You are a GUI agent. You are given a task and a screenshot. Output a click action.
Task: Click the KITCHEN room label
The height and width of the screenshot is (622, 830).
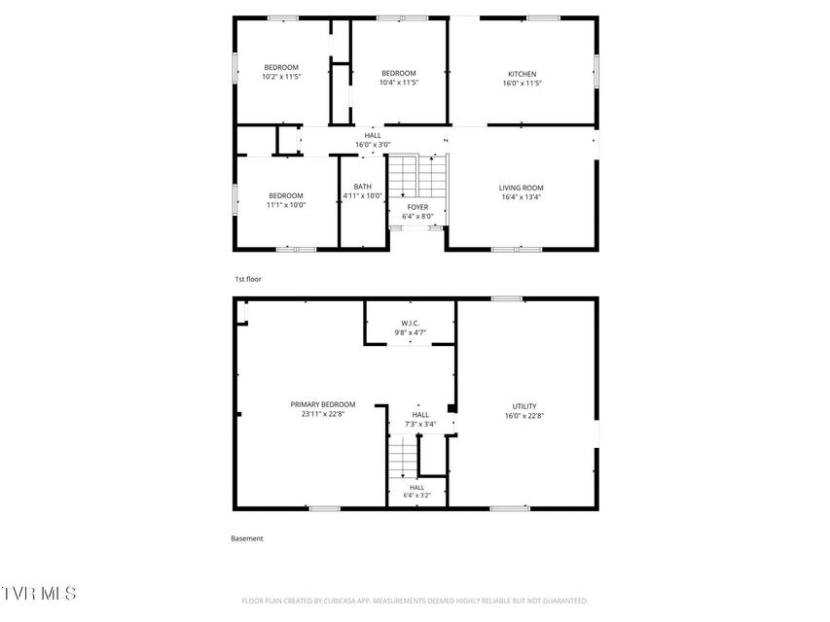click(x=522, y=74)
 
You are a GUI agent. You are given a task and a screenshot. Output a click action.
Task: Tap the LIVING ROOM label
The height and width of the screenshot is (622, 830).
click(x=521, y=188)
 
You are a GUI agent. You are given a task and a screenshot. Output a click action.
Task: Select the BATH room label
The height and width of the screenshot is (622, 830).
click(x=363, y=187)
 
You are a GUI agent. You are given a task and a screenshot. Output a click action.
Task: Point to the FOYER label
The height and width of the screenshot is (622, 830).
click(x=417, y=207)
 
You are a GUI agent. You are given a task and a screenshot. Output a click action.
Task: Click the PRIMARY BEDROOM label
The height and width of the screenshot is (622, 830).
click(x=323, y=404)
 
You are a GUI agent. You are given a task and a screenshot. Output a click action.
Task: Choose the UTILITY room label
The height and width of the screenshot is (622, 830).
click(x=524, y=406)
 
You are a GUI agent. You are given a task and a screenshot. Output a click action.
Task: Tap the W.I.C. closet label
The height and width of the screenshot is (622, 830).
click(x=411, y=324)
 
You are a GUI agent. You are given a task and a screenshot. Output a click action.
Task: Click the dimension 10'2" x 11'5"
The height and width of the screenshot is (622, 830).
click(x=281, y=77)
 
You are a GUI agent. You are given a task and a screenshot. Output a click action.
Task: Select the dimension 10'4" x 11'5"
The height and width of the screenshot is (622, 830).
click(x=399, y=83)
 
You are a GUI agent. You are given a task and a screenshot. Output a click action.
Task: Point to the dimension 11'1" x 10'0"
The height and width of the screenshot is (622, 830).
click(x=286, y=205)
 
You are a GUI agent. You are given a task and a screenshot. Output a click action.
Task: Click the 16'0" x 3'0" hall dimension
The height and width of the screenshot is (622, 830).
click(x=373, y=145)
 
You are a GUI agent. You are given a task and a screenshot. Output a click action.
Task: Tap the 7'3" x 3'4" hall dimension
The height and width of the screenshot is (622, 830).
click(x=420, y=424)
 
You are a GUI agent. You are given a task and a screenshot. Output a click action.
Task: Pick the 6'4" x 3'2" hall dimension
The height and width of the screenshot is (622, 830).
click(x=416, y=496)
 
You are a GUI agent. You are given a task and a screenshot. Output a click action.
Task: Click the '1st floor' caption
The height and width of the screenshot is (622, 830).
click(x=248, y=279)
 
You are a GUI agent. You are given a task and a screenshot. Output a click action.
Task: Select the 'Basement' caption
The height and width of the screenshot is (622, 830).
click(x=247, y=538)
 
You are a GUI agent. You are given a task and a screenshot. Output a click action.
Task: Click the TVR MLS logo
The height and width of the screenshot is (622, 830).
click(x=38, y=594)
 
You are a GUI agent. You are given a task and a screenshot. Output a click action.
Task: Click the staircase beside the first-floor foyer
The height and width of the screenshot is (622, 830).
click(x=418, y=176)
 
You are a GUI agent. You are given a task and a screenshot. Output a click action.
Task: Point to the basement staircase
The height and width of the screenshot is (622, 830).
click(x=404, y=457)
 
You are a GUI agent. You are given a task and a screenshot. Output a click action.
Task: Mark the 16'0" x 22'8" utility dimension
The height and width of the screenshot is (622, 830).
click(x=524, y=416)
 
